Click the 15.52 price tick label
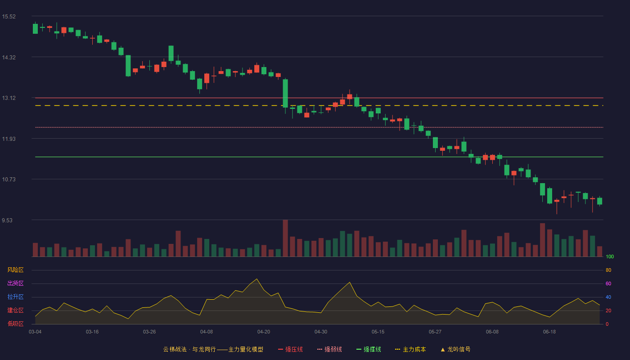click(9, 17)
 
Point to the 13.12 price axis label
click(9, 98)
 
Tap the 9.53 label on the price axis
click(7, 220)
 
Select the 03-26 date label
click(149, 332)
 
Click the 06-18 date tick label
click(549, 332)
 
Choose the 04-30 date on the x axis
click(321, 332)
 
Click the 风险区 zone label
click(15, 270)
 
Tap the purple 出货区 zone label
click(15, 283)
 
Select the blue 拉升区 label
click(15, 297)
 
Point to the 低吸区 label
click(15, 324)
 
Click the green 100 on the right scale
click(610, 256)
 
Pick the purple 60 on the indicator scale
click(608, 283)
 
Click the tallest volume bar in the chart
click(285, 238)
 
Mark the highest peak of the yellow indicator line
click(256, 279)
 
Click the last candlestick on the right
click(599, 201)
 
